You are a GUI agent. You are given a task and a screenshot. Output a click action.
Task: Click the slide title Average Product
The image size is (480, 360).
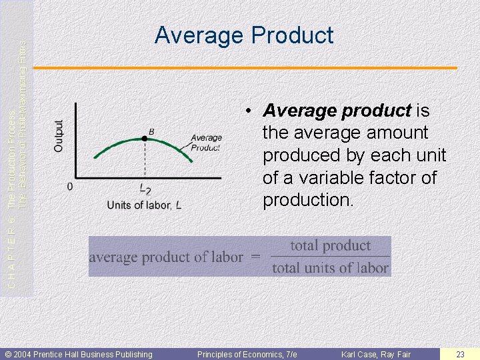[244, 35]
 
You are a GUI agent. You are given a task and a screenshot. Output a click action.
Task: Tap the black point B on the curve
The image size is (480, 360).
[145, 138]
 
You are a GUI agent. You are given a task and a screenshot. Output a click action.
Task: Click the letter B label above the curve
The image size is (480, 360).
[151, 131]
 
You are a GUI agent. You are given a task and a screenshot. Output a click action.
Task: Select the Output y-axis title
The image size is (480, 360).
[60, 135]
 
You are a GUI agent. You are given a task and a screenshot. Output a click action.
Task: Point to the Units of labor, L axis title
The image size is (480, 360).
[144, 205]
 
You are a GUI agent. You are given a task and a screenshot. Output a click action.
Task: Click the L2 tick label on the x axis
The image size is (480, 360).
[145, 189]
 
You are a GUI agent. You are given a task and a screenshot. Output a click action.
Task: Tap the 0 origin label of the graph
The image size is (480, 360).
[70, 187]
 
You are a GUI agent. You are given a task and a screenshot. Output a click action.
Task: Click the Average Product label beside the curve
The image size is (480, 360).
[206, 143]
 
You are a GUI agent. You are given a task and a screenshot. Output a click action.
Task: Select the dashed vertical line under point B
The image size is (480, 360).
[145, 160]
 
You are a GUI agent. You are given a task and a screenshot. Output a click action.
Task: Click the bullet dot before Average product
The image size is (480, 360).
[247, 111]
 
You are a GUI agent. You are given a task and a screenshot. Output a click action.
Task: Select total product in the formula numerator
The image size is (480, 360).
[330, 245]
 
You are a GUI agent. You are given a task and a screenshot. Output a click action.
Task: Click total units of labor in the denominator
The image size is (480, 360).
[330, 268]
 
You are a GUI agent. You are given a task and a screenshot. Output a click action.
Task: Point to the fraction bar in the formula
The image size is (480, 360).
[330, 257]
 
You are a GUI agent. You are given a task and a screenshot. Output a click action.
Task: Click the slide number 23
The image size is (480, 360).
[460, 354]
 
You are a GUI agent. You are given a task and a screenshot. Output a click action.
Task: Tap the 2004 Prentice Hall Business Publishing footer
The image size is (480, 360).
[79, 354]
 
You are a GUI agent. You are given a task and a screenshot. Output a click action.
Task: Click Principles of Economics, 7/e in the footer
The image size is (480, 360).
[247, 354]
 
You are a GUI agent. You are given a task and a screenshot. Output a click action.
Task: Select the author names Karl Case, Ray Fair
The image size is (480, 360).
[376, 354]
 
